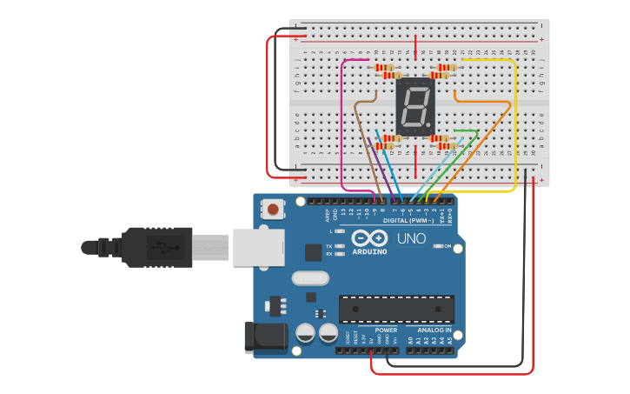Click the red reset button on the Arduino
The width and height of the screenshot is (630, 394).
(274, 209)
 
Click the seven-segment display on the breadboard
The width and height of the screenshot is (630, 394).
(414, 107)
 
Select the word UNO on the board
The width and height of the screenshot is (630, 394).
(411, 238)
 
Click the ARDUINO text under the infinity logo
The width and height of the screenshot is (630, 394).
(370, 252)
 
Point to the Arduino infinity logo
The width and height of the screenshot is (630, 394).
(370, 238)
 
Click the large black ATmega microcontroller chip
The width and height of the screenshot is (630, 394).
(396, 308)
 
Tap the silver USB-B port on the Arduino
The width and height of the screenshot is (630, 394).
(257, 247)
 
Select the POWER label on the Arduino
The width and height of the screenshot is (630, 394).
(386, 331)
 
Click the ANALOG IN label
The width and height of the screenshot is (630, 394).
(434, 331)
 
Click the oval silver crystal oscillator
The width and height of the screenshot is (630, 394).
(310, 278)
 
